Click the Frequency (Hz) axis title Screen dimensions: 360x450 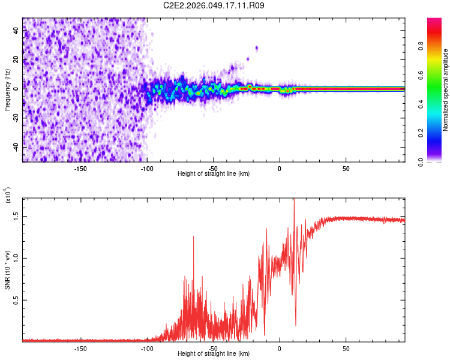[7, 90]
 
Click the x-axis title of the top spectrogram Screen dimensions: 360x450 [214, 174]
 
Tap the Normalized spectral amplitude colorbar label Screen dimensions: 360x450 [446, 90]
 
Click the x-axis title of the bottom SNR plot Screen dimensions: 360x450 [214, 354]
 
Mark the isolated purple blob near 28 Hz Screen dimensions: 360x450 [257, 48]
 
